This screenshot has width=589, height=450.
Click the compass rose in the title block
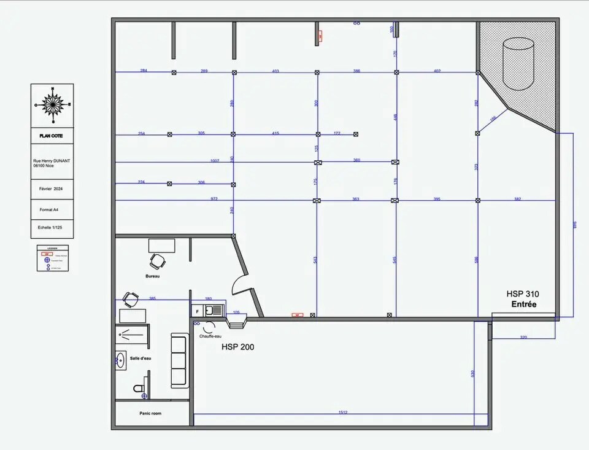tap(53, 105)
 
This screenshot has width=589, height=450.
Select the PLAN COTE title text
tap(52, 136)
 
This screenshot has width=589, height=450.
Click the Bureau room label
tap(153, 276)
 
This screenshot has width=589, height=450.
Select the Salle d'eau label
tap(141, 358)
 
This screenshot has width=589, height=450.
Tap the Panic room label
tap(150, 414)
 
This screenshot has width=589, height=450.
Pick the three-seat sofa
tap(179, 360)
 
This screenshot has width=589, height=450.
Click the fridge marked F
tap(197, 311)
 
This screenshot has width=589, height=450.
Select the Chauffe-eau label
tap(210, 336)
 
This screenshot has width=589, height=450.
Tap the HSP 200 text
tap(237, 347)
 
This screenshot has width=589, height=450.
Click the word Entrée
tap(523, 305)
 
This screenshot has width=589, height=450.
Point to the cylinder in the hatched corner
tap(518, 64)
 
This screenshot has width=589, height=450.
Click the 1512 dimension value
tap(342, 413)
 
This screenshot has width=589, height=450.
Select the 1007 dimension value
tap(214, 161)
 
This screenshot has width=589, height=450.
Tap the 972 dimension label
tap(214, 199)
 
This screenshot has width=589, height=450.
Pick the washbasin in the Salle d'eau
tap(120, 360)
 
